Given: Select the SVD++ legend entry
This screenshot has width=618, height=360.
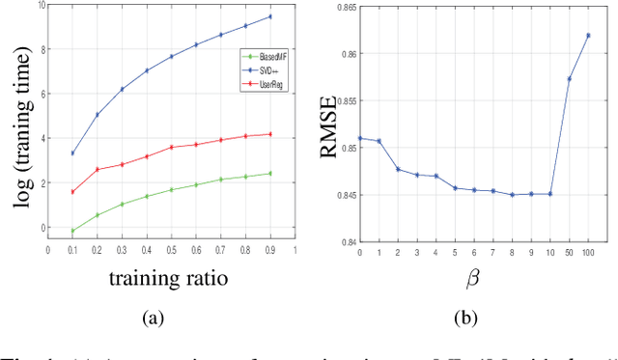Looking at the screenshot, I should point(264,70).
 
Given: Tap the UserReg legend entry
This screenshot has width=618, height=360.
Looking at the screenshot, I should point(264,84).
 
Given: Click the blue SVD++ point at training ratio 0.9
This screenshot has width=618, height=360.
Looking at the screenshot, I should point(269,16).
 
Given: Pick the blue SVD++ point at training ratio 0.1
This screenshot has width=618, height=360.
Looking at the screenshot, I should point(72,153).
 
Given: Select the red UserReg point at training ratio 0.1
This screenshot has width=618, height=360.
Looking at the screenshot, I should point(72,192).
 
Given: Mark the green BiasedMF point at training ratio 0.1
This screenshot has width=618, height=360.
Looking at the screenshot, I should point(72,231).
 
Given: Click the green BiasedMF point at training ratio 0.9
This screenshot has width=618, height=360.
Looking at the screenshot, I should point(269,174).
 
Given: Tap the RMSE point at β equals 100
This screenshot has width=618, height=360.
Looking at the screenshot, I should point(588,36).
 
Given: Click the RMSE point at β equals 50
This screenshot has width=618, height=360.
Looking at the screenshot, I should point(569,79).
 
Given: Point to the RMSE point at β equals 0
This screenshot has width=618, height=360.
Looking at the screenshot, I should point(360,138).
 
